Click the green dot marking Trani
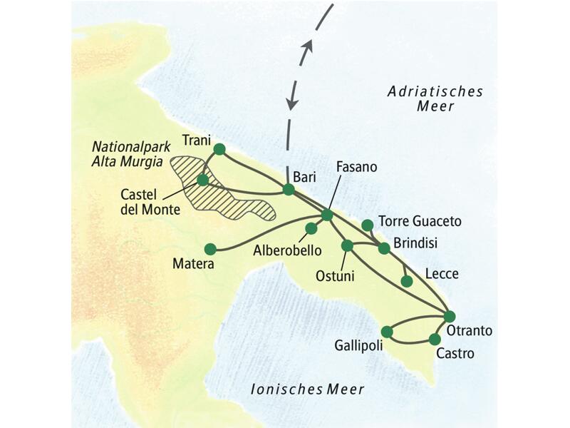point(219,149)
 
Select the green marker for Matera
point(210,249)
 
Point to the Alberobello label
point(286,250)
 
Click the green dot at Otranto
point(449,316)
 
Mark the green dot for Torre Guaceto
point(368,225)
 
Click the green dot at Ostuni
point(348,245)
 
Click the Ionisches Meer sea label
point(307,389)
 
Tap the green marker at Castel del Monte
point(202,180)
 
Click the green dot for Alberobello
point(311,229)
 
